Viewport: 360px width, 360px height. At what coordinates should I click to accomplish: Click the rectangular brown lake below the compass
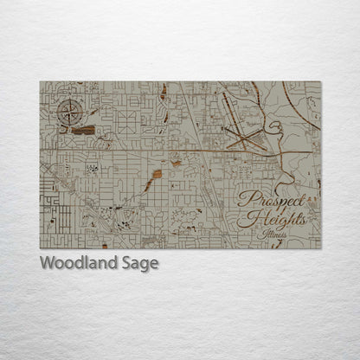[84, 130]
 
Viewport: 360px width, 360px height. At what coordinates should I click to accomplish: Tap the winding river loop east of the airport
[275, 130]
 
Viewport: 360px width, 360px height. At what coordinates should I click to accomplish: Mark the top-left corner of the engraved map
[40, 82]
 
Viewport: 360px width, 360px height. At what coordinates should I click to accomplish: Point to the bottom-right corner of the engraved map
[320, 248]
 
